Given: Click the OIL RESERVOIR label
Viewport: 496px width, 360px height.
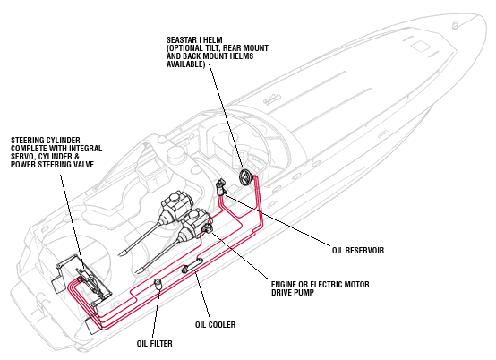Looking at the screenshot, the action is [x=358, y=250].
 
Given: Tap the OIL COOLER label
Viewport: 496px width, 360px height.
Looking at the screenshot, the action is [x=215, y=324].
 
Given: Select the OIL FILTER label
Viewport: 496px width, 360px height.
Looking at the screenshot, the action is [x=154, y=343].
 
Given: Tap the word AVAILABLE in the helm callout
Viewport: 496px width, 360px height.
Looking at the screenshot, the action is [x=184, y=64].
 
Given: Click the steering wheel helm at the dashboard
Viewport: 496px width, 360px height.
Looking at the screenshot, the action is [x=246, y=177].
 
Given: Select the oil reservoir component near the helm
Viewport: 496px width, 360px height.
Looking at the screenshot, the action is [x=221, y=187].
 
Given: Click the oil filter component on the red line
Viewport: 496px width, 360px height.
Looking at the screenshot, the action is [x=158, y=284].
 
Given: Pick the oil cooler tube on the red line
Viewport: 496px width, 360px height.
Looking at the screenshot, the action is [x=192, y=265].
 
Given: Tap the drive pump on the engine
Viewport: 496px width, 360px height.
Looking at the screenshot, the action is [x=208, y=228].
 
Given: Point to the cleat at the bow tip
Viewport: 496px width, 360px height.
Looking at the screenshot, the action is [x=455, y=25].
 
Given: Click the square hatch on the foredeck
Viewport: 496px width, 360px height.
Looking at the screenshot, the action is [x=421, y=47].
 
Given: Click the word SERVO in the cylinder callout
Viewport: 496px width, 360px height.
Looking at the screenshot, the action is [x=22, y=157].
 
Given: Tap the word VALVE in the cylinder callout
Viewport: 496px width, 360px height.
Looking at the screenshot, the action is [x=83, y=165].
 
